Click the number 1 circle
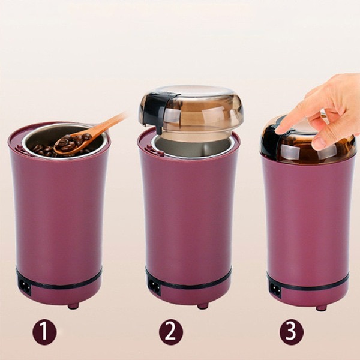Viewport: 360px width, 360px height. [44, 332]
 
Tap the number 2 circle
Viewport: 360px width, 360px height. [171, 332]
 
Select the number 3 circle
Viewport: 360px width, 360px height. [292, 331]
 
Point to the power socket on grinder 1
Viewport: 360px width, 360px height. [25, 286]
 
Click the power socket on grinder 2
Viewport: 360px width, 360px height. [154, 286]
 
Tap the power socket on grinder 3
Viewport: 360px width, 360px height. [275, 290]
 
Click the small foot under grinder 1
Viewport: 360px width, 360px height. [73, 306]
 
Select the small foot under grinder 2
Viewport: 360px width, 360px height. [203, 306]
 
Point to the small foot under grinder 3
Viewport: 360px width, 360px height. [322, 308]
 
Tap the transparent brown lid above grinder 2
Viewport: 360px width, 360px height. [191, 110]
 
